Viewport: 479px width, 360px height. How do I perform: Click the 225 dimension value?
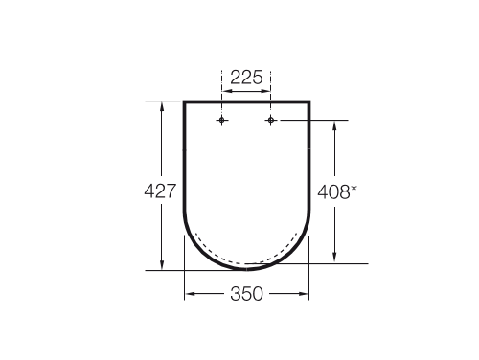click(246, 78)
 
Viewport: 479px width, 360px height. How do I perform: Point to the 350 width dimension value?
click(246, 295)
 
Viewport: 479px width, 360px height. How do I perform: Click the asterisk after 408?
click(354, 186)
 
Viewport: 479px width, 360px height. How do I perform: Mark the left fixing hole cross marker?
click(222, 120)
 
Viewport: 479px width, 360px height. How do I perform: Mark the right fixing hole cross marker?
click(271, 120)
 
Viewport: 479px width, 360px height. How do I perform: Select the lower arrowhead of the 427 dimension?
click(163, 265)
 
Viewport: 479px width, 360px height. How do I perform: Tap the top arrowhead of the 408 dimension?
click(334, 124)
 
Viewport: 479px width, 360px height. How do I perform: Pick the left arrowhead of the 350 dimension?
click(189, 295)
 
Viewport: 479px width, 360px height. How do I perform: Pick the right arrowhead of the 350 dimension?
click(305, 295)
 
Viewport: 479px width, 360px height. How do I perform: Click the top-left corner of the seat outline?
click(184, 101)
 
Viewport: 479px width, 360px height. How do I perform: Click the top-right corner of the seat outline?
click(308, 101)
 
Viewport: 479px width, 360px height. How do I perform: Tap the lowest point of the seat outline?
click(246, 270)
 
